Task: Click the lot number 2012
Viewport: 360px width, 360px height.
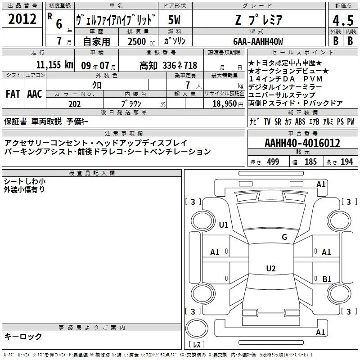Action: coord(22,19)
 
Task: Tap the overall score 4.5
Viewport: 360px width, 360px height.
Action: coord(343,20)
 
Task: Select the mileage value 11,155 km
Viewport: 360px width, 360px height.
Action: coord(54,65)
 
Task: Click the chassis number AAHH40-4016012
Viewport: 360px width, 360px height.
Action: coord(302,143)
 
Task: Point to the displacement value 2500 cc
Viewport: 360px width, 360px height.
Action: coord(141,41)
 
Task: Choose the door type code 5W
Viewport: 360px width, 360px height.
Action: coord(174,20)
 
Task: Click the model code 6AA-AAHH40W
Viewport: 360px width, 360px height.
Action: coord(258,41)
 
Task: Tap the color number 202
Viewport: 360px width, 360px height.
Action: coord(74,104)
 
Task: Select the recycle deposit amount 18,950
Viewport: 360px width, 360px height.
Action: coord(225,104)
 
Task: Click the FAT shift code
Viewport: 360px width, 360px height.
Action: coord(13,94)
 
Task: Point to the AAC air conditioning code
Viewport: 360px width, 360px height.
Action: coord(35,94)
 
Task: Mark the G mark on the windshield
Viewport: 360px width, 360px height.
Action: coord(284,237)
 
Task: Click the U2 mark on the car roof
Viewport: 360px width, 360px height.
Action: coord(271,268)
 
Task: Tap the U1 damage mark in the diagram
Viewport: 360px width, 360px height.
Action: coord(224,225)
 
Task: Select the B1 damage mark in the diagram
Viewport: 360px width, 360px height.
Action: coord(327,279)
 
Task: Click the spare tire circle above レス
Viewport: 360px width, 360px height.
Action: coord(197,328)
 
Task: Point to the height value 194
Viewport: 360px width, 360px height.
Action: coord(346,162)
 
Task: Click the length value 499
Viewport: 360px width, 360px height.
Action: coord(273,162)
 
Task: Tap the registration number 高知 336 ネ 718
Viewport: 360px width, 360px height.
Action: coord(168,65)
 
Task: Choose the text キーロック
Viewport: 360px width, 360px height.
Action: coord(23,336)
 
